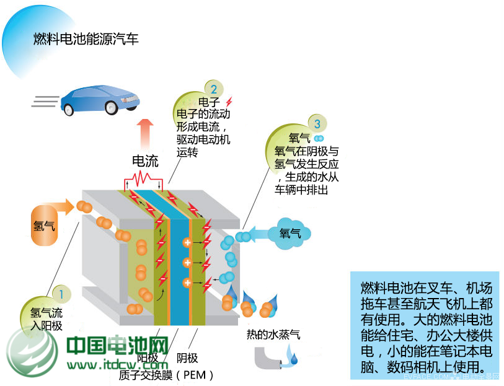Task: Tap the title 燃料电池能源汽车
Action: click(86, 40)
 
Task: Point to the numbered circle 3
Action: click(317, 124)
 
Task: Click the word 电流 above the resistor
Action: click(146, 162)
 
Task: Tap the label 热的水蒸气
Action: click(273, 335)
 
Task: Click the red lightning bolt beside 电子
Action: click(229, 101)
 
